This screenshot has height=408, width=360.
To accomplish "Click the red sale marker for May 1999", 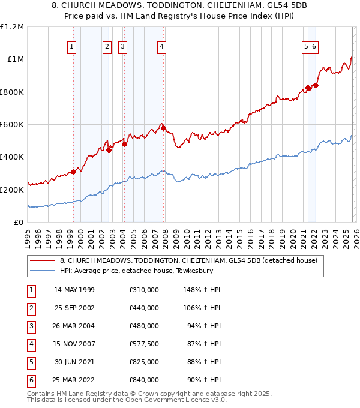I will (x=73, y=172).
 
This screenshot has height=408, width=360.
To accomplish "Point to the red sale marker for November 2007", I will (x=163, y=128).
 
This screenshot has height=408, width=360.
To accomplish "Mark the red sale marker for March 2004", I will (x=124, y=144).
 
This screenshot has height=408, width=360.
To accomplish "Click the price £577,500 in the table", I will (x=143, y=344).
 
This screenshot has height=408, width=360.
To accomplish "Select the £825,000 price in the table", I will (x=143, y=362).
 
